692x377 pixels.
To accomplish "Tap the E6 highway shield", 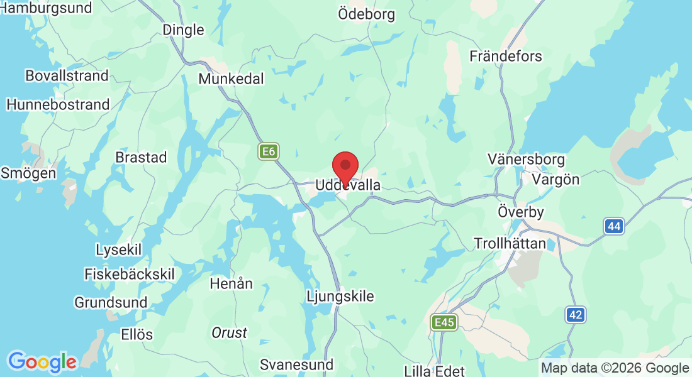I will (269, 151).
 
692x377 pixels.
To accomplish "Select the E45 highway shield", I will (444, 322).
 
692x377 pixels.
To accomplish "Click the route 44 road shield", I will (614, 226).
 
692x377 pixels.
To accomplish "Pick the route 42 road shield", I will (574, 315).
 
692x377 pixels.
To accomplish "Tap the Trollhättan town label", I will (510, 243).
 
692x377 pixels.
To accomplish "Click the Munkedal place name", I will (231, 79).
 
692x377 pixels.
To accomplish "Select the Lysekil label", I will (118, 249).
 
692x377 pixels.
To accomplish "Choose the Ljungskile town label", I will (340, 296).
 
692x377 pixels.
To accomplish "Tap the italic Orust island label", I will (229, 333).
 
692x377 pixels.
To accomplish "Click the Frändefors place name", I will (506, 56).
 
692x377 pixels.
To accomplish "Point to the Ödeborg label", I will (366, 14).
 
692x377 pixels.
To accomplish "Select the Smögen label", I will (28, 172).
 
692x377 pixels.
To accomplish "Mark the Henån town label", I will (231, 283).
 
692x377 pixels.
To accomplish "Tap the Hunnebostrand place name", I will (58, 105).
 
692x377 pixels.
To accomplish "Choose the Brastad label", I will (141, 157).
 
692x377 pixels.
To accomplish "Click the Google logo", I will (42, 362).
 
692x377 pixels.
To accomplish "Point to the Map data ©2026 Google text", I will (615, 368).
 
